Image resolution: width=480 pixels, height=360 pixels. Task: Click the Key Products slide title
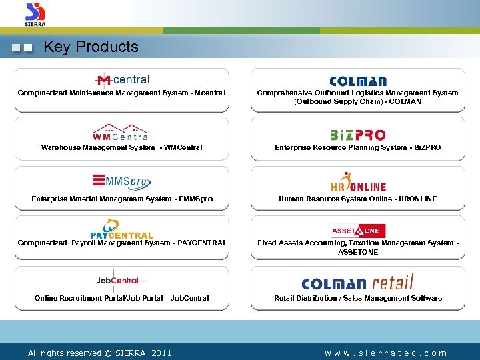click(x=91, y=47)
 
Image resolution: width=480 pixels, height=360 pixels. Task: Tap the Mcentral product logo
click(x=122, y=80)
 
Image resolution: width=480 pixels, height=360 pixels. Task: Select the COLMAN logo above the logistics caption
click(x=358, y=81)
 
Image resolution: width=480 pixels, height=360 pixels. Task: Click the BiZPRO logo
click(x=358, y=135)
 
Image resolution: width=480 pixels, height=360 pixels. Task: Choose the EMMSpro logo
click(x=122, y=181)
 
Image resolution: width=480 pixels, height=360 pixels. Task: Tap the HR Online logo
click(x=358, y=183)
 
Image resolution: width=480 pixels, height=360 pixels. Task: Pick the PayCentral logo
click(x=122, y=229)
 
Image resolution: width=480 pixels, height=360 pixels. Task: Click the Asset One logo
click(x=358, y=231)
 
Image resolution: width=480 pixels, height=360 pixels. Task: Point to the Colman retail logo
click(x=358, y=283)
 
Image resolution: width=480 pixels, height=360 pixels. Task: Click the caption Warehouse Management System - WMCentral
click(x=122, y=147)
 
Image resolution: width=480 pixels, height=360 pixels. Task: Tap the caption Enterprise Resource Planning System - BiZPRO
click(x=358, y=147)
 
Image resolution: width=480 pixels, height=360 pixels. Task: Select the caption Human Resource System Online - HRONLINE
click(x=358, y=199)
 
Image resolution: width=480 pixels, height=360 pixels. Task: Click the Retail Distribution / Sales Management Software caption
click(x=358, y=298)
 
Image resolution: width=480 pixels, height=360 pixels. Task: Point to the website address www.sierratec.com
click(x=386, y=353)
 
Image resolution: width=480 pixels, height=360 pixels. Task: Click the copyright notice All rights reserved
click(x=99, y=353)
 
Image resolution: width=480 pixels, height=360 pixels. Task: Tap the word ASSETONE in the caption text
click(x=358, y=252)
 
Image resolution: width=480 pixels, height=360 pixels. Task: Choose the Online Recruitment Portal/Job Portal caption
click(x=122, y=298)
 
